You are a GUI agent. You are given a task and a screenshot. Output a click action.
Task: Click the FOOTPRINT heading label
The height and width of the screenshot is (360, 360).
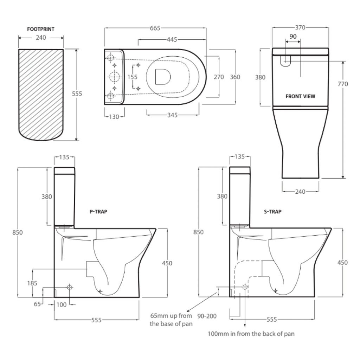(x=41, y=29)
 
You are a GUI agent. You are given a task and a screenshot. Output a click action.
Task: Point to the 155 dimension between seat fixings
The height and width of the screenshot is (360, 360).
(x=133, y=77)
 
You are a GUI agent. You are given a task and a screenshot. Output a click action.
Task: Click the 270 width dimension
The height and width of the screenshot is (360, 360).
(x=219, y=77)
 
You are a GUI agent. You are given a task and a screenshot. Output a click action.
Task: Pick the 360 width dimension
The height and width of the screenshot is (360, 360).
(x=235, y=77)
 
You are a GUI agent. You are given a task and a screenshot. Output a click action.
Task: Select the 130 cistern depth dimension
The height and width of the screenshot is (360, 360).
(x=114, y=117)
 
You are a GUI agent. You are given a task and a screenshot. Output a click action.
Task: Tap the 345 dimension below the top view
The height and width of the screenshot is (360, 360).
(x=172, y=115)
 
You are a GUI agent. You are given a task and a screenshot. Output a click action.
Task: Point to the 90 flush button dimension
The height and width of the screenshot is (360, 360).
(x=292, y=36)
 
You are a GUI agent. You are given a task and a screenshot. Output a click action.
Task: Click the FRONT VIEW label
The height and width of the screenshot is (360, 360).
(x=300, y=96)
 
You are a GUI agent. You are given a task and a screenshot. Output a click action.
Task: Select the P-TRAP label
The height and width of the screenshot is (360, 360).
(x=98, y=212)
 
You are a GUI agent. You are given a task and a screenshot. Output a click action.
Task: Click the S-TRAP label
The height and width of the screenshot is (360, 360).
(x=273, y=212)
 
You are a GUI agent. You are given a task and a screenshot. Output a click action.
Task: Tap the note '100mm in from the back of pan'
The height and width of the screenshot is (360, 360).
(x=251, y=334)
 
